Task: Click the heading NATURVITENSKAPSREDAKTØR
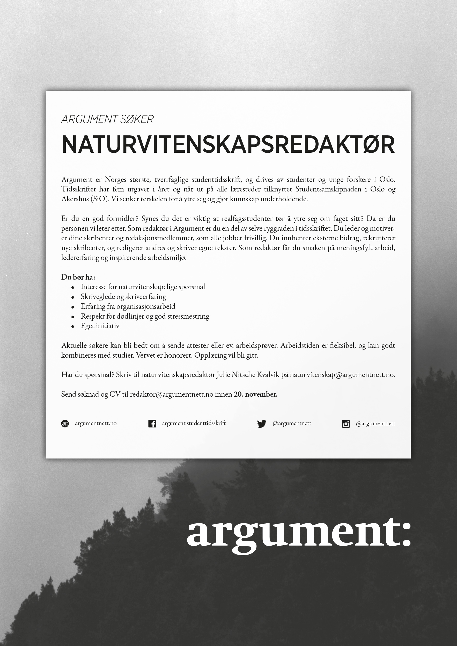(228, 145)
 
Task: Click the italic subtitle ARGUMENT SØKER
(107, 119)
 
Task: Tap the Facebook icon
(152, 424)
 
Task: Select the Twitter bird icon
(261, 424)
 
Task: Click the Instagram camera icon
(346, 424)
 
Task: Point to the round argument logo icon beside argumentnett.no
(65, 424)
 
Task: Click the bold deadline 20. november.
(256, 394)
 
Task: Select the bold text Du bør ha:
(78, 277)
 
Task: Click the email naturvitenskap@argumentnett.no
(342, 375)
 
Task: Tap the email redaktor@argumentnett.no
(171, 394)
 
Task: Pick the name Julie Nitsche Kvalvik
(248, 375)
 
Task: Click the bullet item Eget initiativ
(100, 326)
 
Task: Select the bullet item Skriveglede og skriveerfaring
(123, 297)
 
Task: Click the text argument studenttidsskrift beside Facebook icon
(194, 424)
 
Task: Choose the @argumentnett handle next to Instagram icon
(375, 424)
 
